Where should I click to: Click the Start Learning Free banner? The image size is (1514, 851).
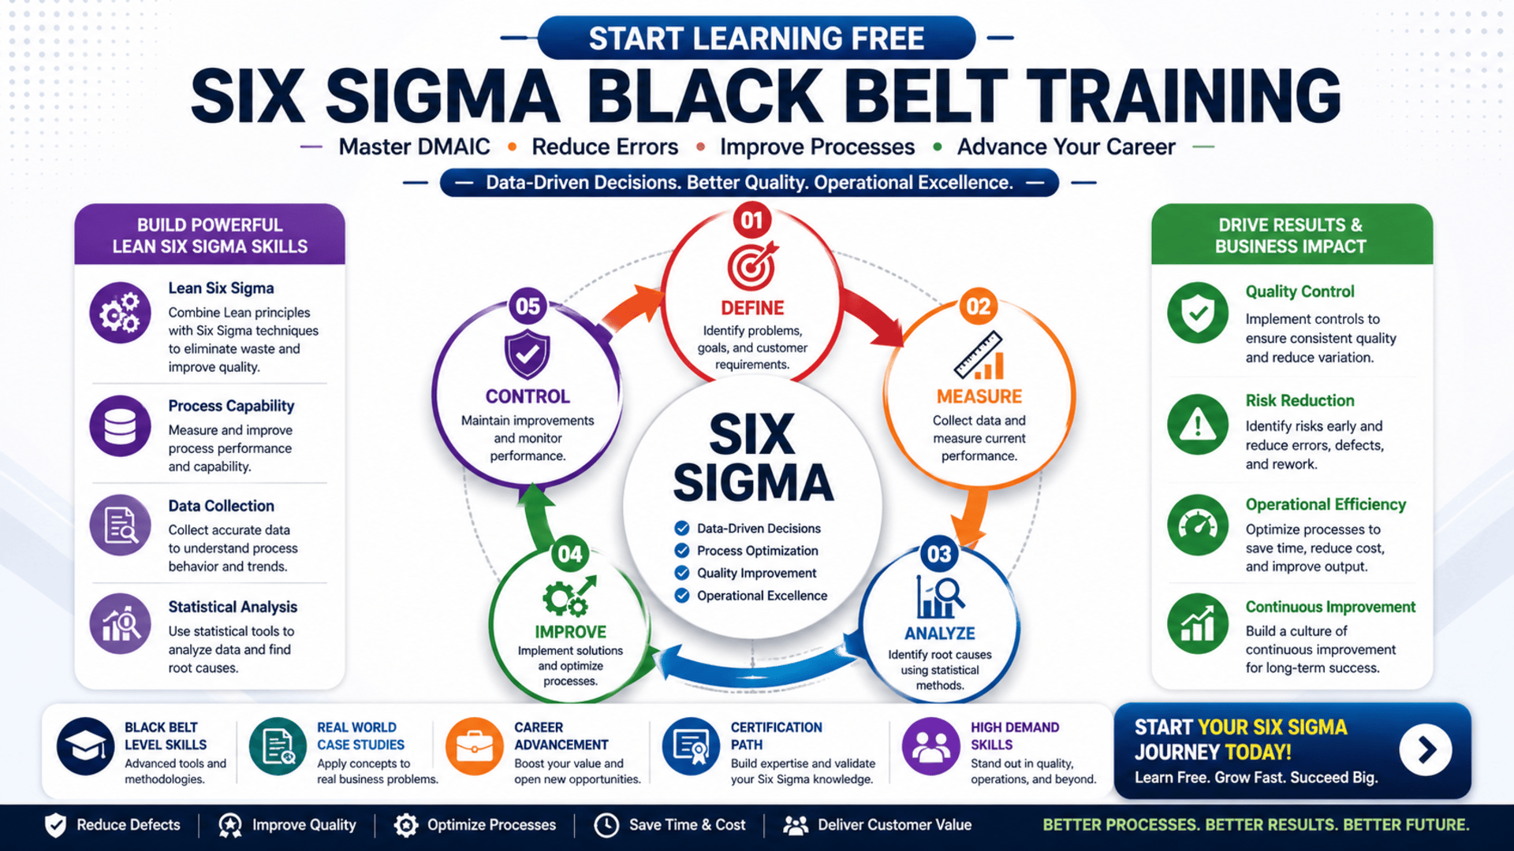pyautogui.click(x=756, y=39)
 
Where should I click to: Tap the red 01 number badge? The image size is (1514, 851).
pyautogui.click(x=751, y=220)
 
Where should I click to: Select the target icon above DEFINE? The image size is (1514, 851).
pyautogui.click(x=751, y=266)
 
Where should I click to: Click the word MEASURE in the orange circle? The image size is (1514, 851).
pyautogui.click(x=979, y=396)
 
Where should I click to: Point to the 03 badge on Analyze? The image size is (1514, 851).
pyautogui.click(x=938, y=554)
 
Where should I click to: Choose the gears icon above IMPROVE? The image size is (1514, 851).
pyautogui.click(x=568, y=598)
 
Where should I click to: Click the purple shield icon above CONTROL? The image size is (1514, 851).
pyautogui.click(x=527, y=355)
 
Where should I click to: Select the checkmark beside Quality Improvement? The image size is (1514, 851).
pyautogui.click(x=682, y=573)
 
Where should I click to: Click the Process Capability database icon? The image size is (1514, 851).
pyautogui.click(x=120, y=426)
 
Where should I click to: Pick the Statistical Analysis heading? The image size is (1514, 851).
pyautogui.click(x=233, y=607)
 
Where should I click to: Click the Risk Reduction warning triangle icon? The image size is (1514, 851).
pyautogui.click(x=1197, y=425)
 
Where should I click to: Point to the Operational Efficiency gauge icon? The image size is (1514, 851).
pyautogui.click(x=1197, y=525)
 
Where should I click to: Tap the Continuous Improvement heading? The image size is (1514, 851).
pyautogui.click(x=1329, y=607)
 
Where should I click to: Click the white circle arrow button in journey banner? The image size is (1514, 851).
pyautogui.click(x=1425, y=749)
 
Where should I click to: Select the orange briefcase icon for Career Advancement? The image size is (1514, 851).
pyautogui.click(x=474, y=746)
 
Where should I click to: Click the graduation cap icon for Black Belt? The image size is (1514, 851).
pyautogui.click(x=85, y=746)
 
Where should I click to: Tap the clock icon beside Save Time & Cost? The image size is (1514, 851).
pyautogui.click(x=606, y=825)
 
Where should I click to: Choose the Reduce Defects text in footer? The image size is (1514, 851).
pyautogui.click(x=128, y=825)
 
